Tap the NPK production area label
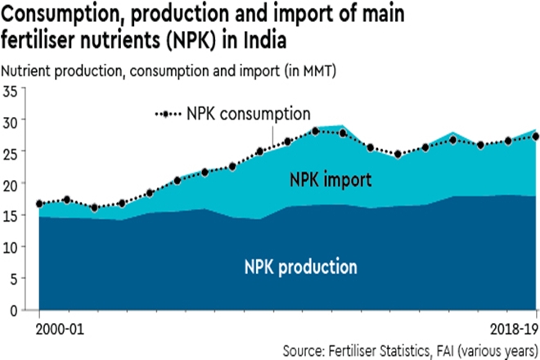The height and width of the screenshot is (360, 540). (301, 266)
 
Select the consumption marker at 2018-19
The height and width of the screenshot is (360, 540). (535, 137)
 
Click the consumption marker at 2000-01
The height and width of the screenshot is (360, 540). (38, 204)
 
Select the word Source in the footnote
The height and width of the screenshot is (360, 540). (304, 350)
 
